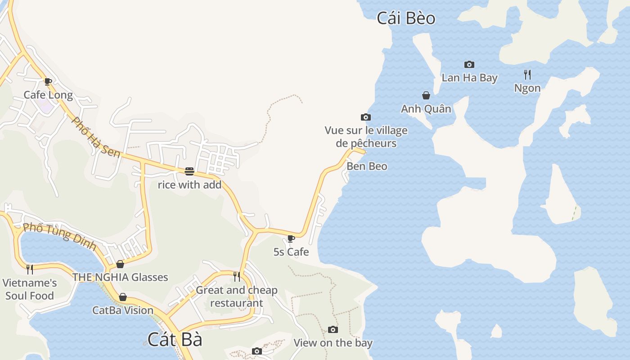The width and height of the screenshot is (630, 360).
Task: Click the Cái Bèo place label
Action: point(406,18)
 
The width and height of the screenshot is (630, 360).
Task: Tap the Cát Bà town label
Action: point(175,339)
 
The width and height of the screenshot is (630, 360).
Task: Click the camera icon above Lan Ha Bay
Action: point(469,65)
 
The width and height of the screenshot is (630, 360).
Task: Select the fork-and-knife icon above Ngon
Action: point(527,74)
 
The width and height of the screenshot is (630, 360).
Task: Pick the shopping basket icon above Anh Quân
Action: point(426,95)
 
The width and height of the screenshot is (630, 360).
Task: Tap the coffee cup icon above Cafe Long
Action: point(48,82)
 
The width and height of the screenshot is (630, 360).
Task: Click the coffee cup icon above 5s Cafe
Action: point(291,238)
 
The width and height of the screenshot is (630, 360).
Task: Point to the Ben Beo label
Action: point(367,166)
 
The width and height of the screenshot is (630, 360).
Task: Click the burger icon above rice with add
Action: point(189,171)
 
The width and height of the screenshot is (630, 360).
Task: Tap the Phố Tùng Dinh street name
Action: point(59,236)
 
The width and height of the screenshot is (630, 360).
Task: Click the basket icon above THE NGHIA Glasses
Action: point(120,264)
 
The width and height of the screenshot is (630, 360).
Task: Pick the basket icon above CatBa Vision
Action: point(122,297)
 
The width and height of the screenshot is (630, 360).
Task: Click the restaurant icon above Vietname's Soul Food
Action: point(30,269)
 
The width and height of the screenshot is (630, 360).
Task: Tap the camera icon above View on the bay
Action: point(333,330)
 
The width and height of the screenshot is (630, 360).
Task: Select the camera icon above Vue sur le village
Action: point(366,117)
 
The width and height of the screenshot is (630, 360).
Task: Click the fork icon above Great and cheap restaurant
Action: point(237,276)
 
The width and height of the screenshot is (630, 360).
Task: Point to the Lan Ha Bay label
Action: point(469,77)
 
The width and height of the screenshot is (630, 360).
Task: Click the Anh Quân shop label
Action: point(426,108)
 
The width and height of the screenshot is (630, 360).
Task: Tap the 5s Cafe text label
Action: point(291,252)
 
